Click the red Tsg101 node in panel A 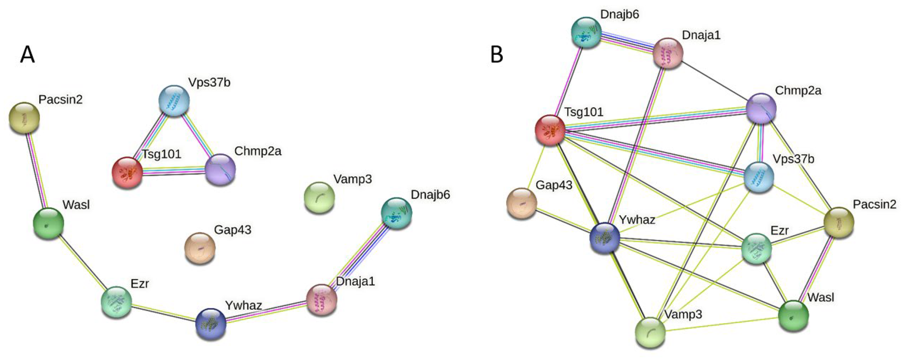point(127,173)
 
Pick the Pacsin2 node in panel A point(24,118)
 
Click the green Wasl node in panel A point(48,223)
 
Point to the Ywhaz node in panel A point(211,324)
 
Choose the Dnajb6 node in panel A point(396,213)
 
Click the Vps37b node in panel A point(174,100)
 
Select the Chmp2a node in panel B point(761,109)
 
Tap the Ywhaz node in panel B point(604,238)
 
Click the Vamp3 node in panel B point(650,332)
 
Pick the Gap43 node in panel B point(522,203)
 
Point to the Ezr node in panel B point(756,249)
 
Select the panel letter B point(496,55)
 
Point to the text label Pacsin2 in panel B point(874,204)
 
